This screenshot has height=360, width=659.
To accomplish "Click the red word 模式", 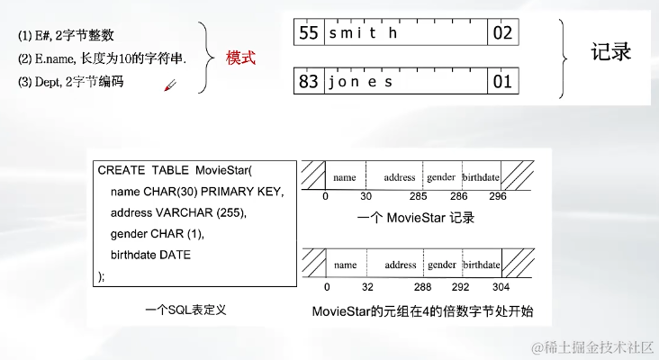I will (x=240, y=58).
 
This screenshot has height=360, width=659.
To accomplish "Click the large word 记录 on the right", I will (x=611, y=51).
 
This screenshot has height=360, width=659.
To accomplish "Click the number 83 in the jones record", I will (x=309, y=82).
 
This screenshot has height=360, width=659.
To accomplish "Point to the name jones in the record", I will (x=360, y=82).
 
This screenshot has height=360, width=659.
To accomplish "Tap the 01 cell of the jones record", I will (x=501, y=82).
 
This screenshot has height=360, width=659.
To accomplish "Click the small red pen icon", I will (x=169, y=85).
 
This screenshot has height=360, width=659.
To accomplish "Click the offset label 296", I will (x=499, y=196).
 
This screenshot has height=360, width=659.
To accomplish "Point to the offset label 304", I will (x=501, y=287).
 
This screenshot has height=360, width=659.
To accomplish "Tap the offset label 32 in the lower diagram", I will (x=367, y=287).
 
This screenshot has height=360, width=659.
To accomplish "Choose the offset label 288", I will (x=422, y=287).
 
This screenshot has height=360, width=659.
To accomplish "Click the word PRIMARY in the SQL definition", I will (x=227, y=192).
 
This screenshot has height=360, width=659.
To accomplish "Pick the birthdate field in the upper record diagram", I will (x=481, y=177).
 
